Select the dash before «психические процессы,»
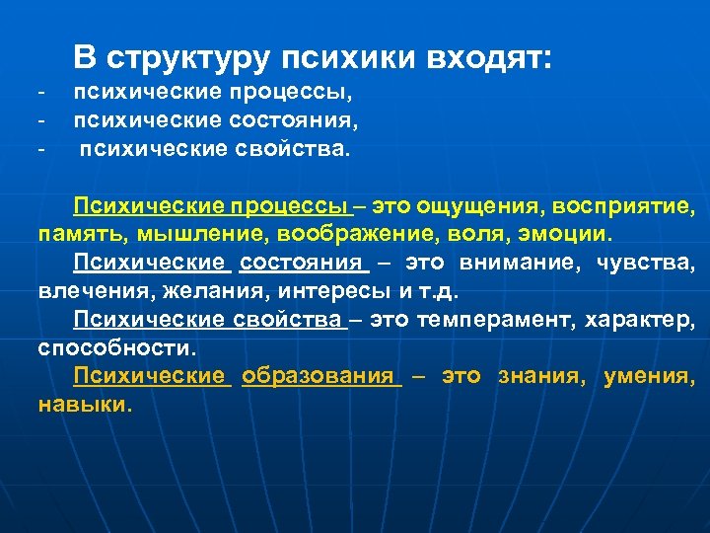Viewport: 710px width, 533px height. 42,94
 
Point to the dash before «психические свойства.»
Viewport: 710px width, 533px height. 42,151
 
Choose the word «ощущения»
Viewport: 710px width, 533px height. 470,208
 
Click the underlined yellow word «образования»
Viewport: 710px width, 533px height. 320,376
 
